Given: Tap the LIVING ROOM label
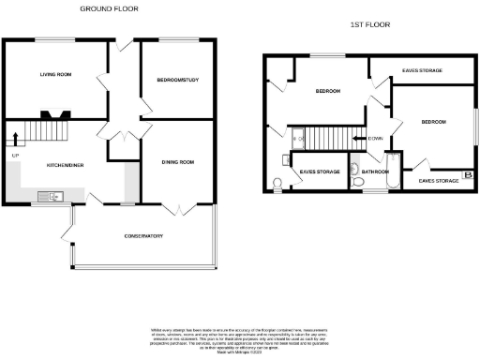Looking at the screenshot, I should point(55,74).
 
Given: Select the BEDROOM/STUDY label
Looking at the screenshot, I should point(175,81).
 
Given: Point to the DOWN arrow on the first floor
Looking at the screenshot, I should point(373,139).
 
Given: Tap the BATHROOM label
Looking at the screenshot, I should point(376,172).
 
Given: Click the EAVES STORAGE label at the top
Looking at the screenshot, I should point(423,70).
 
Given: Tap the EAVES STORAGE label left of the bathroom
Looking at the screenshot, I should point(320,172).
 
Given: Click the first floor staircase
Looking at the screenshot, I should point(329,137).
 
